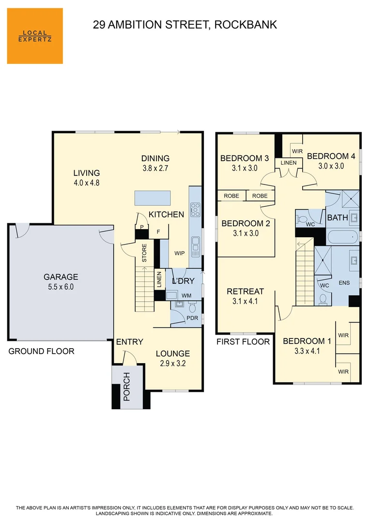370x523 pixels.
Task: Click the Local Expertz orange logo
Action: coord(35,36)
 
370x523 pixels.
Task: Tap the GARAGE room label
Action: coord(61,277)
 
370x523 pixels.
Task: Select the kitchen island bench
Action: coord(153,198)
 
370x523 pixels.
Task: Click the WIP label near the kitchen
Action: coord(179,253)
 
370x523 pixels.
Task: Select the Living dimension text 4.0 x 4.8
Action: coord(87,184)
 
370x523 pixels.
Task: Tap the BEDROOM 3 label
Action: coord(245,158)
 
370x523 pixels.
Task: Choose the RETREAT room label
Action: coord(246,292)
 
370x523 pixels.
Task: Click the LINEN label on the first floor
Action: coord(289,163)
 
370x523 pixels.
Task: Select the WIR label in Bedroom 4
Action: coord(297,151)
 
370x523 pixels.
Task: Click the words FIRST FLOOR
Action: coord(243,342)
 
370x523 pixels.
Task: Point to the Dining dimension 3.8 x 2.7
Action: coord(155,169)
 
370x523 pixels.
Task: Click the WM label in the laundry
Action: coord(186,295)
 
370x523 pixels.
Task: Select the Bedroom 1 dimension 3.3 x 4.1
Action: coord(307,352)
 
